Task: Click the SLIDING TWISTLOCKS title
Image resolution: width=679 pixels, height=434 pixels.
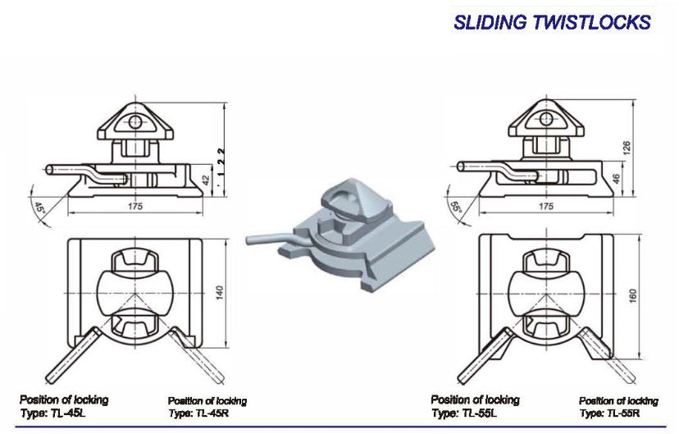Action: (552, 22)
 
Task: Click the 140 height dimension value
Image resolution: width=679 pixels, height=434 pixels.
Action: (218, 293)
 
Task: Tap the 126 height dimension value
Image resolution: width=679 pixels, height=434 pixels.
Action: (627, 148)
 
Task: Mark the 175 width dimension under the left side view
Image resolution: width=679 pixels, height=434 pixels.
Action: (134, 206)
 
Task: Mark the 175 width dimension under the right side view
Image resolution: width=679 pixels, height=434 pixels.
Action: (545, 206)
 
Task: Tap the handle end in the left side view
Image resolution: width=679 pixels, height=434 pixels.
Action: (51, 168)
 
